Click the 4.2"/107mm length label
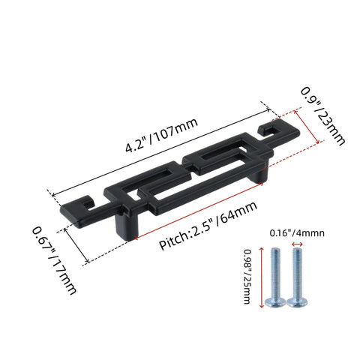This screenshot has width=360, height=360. coord(162,134)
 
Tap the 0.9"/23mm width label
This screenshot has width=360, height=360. coord(322,116)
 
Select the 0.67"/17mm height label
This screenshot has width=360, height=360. coord(55,260)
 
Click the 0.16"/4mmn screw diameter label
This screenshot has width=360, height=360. coord(297,233)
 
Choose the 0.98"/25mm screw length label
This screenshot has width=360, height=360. coord(247,276)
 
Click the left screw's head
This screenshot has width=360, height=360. coord(275,302)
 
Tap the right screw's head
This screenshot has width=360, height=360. coord(297,302)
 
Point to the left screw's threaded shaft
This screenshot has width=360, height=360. coord(275,273)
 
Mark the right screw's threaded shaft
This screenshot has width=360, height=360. coord(298,273)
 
